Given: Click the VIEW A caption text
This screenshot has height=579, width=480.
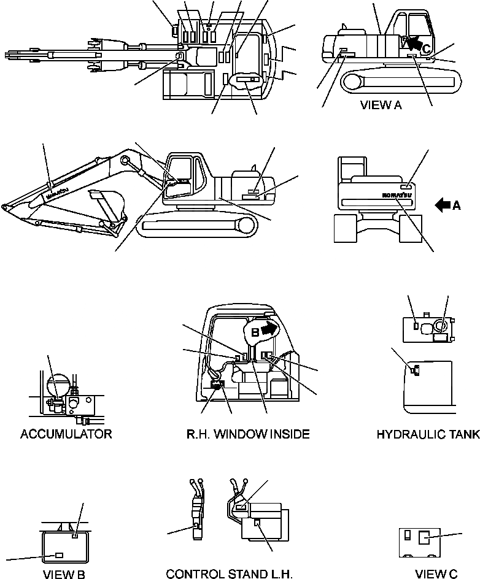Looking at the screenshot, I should pos(381,105).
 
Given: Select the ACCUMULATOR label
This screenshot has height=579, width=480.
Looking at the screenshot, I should pos(66,434).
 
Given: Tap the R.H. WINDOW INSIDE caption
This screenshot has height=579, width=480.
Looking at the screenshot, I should pos(247,434).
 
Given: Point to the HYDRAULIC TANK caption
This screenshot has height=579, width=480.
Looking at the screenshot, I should pos(428,434).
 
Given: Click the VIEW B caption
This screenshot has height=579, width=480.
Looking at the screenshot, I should pos(64,574).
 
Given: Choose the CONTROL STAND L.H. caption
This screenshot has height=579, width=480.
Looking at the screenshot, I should pos(229,574).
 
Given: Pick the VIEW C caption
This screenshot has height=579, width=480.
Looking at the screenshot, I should pos(436,574).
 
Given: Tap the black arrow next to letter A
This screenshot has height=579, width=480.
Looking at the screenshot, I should pos(442,206).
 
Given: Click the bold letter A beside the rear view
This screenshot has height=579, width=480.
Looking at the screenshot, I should pos(456,206).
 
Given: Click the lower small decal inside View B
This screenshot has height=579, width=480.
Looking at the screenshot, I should pos(59,554).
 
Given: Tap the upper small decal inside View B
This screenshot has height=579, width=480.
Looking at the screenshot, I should pos(74,535).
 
